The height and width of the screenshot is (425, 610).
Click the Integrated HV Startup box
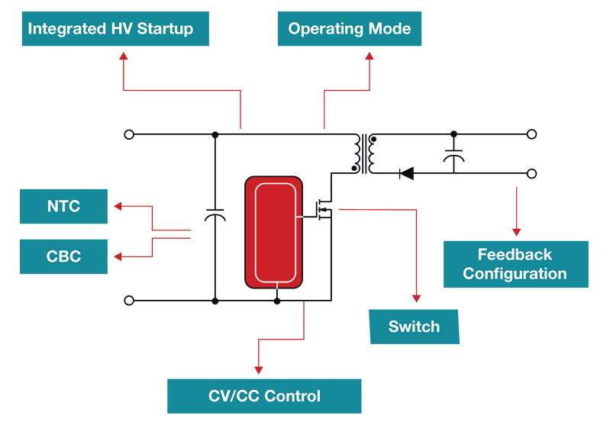[x=115, y=30]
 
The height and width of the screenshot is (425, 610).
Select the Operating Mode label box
[x=349, y=30]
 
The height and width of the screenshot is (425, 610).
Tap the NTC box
[x=63, y=207]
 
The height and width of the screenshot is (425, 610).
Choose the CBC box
[x=63, y=256]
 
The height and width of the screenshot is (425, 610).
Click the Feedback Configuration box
[x=515, y=264]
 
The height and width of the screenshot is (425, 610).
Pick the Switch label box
[x=415, y=327]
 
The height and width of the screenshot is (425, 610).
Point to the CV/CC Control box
[x=264, y=396]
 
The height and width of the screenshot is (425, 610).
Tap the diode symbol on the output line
[x=406, y=173]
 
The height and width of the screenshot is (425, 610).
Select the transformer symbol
[x=363, y=153]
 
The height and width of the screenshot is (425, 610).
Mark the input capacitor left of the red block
[x=215, y=217]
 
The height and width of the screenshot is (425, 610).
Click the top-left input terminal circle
[x=129, y=134]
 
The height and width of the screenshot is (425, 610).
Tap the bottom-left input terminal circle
[x=129, y=301]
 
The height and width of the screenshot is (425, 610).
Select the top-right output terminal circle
[x=532, y=134]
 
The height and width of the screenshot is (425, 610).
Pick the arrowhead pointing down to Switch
[x=417, y=298]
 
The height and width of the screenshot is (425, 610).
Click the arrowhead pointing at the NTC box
[x=118, y=206]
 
